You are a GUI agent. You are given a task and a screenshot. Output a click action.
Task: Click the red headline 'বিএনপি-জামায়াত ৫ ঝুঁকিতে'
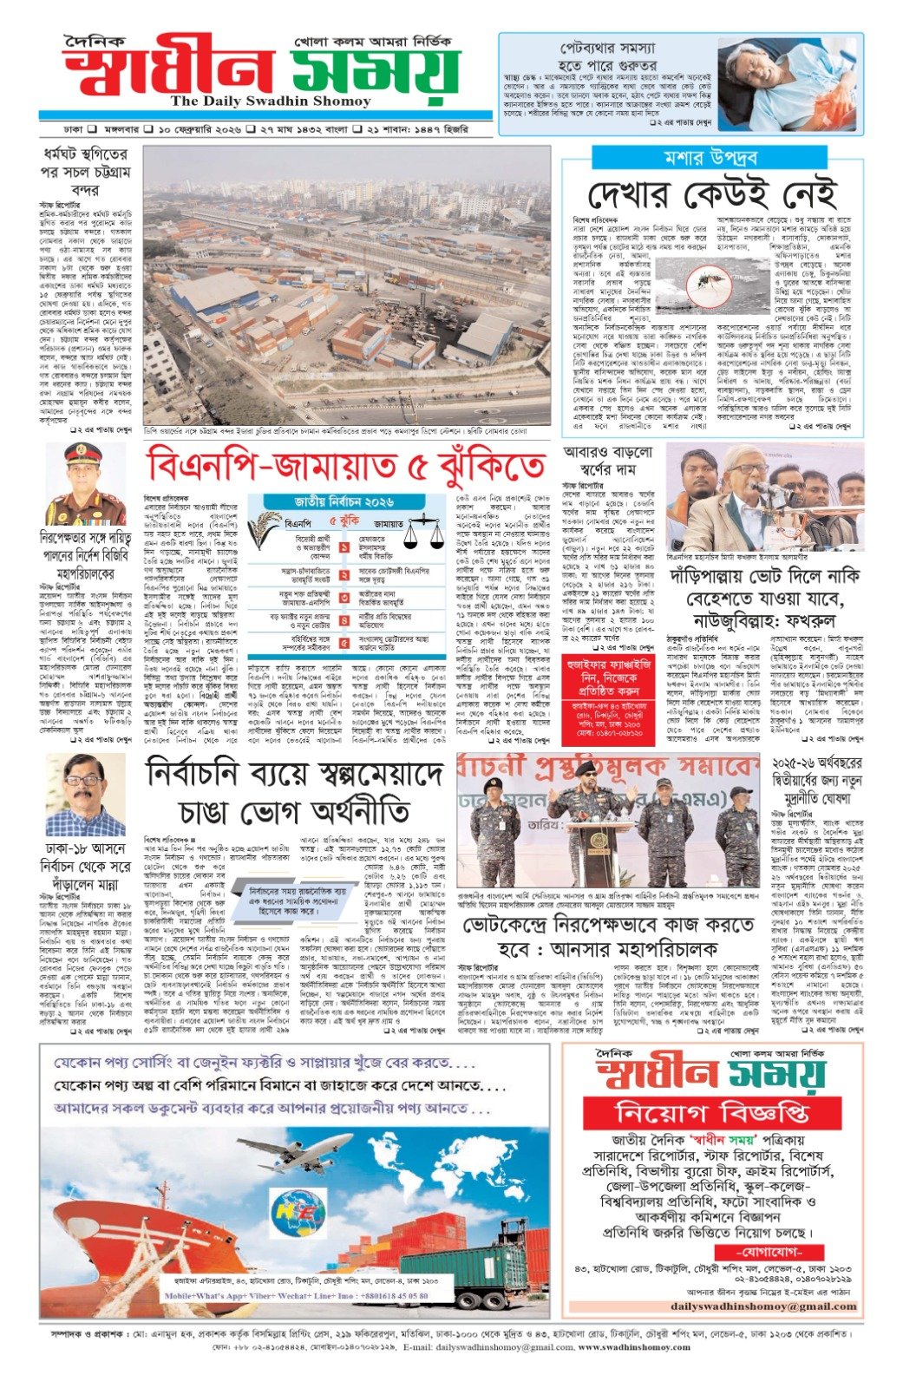[347, 466]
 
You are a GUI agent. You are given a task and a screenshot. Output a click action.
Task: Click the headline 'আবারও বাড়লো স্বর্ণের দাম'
[607, 462]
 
